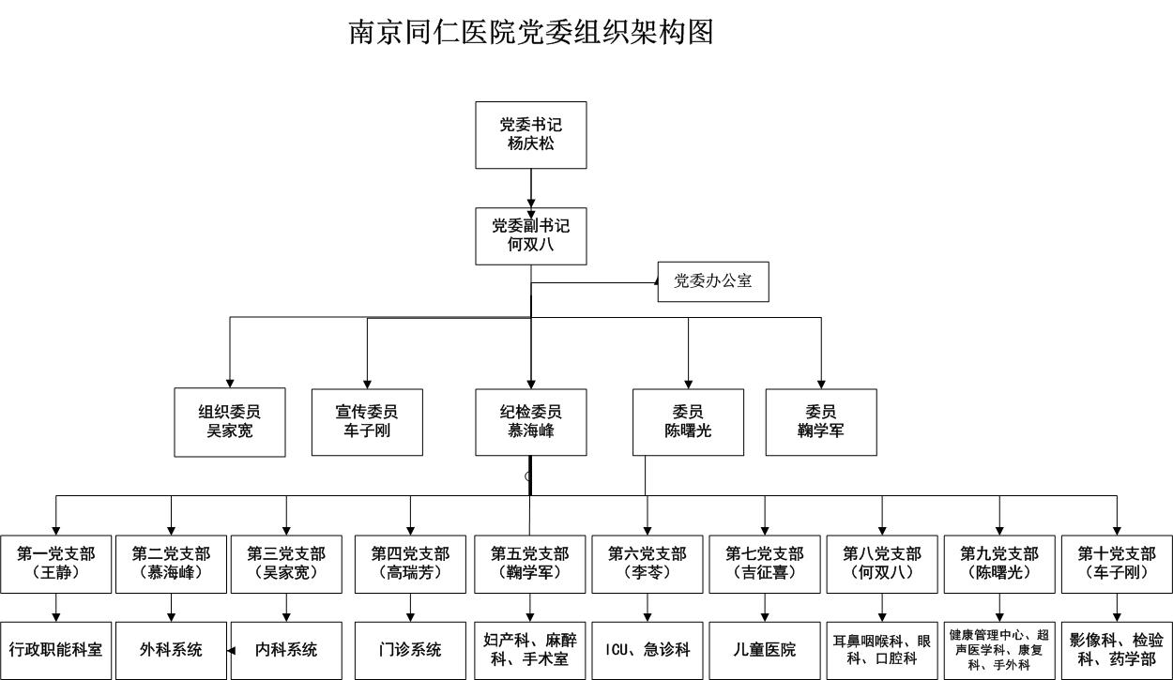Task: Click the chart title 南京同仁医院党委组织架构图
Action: pyautogui.click(x=531, y=32)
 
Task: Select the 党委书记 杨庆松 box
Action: pyautogui.click(x=530, y=135)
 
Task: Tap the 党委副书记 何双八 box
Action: pyautogui.click(x=530, y=236)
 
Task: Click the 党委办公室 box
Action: pyautogui.click(x=713, y=280)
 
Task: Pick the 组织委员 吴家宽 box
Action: pyautogui.click(x=230, y=422)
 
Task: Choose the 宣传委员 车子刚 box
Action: pyautogui.click(x=367, y=422)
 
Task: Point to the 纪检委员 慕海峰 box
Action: pyautogui.click(x=530, y=422)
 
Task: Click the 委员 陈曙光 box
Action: pyautogui.click(x=688, y=422)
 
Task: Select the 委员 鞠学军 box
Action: pyautogui.click(x=821, y=422)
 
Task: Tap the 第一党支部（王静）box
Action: pyautogui.click(x=55, y=564)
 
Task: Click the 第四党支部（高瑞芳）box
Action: pyautogui.click(x=410, y=564)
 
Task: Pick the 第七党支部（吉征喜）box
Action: pyautogui.click(x=764, y=564)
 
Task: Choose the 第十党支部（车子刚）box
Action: pyautogui.click(x=1116, y=564)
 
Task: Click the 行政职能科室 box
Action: pyautogui.click(x=55, y=649)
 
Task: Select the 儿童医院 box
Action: pyautogui.click(x=764, y=649)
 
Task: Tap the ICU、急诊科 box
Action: pyautogui.click(x=647, y=649)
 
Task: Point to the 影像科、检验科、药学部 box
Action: pyautogui.click(x=1116, y=649)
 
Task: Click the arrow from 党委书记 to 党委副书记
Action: pyautogui.click(x=531, y=189)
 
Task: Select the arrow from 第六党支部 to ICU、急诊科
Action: pyautogui.click(x=647, y=608)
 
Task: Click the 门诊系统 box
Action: pyautogui.click(x=410, y=649)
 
